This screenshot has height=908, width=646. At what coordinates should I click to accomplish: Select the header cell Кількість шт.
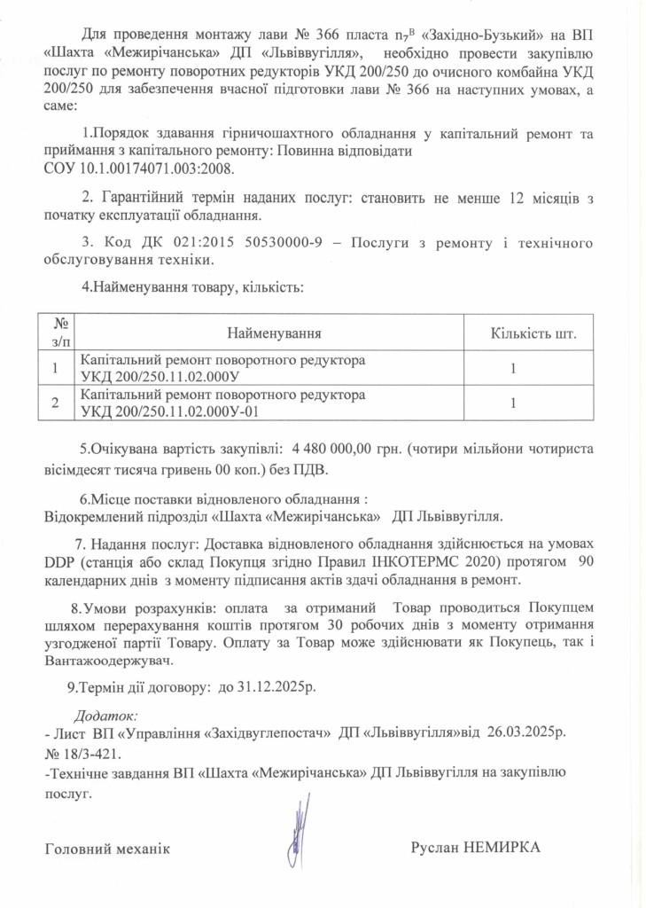click(533, 333)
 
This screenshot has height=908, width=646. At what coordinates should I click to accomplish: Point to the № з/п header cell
click(58, 333)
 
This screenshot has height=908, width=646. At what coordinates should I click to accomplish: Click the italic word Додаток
click(103, 713)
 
